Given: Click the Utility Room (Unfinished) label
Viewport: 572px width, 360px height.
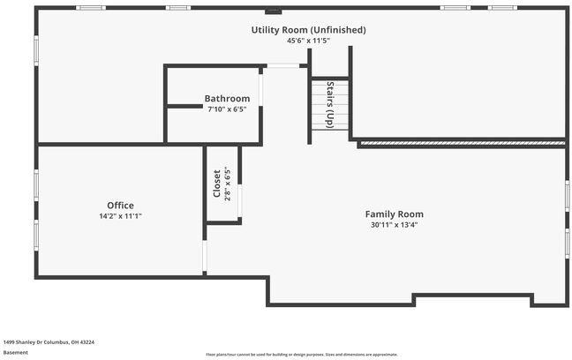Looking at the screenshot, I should (x=308, y=30).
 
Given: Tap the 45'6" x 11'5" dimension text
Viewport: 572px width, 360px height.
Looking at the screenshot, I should (x=308, y=41).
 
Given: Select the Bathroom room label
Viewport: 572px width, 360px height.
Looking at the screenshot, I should (x=225, y=98).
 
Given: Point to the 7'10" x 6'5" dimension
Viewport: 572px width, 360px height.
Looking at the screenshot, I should (x=225, y=109).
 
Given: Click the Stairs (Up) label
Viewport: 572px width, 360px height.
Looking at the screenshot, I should (x=330, y=106).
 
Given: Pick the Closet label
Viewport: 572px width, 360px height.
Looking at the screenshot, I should (x=216, y=184).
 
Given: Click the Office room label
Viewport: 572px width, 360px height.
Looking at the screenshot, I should (x=120, y=205).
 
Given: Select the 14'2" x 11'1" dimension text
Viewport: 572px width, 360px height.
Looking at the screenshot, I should (x=120, y=215).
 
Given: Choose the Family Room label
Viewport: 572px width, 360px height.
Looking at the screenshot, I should (x=394, y=214).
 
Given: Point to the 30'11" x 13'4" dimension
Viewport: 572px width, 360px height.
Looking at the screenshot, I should (x=394, y=225).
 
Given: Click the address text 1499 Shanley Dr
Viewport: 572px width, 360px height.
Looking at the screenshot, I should (x=49, y=341).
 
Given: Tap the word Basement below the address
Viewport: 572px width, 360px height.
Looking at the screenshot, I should (x=15, y=352).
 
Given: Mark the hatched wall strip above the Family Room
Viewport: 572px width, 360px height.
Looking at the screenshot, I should (x=461, y=142).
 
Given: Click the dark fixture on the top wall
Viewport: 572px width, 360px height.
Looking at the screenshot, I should (x=273, y=11).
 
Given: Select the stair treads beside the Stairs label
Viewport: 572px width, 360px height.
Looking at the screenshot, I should (x=320, y=106).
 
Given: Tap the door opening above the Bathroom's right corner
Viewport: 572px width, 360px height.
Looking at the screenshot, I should (x=282, y=66).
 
